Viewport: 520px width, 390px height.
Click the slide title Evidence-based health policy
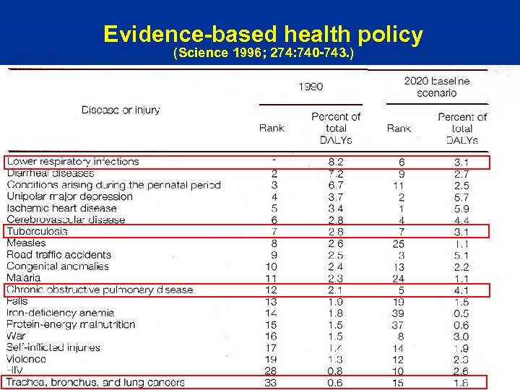[263, 34]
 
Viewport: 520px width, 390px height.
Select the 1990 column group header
[311, 87]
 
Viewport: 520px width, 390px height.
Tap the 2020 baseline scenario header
[436, 87]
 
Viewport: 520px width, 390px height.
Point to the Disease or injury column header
[121, 110]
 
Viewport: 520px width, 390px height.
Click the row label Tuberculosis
[37, 231]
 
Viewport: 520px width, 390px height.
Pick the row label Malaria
[24, 277]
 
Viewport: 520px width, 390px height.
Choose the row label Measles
[26, 243]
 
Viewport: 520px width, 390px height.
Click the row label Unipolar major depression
[70, 196]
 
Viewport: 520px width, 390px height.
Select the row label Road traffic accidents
[59, 254]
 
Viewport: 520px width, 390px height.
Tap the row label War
[16, 336]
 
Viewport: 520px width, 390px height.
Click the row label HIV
[15, 370]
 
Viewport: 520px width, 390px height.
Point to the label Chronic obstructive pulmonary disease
[100, 290]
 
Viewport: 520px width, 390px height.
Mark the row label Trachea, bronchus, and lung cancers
[95, 382]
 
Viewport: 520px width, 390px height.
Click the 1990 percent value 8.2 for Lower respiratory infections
[336, 162]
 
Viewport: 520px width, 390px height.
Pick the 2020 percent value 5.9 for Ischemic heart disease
[461, 208]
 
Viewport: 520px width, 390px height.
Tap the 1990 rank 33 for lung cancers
[270, 382]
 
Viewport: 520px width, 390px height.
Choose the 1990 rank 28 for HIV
[270, 370]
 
